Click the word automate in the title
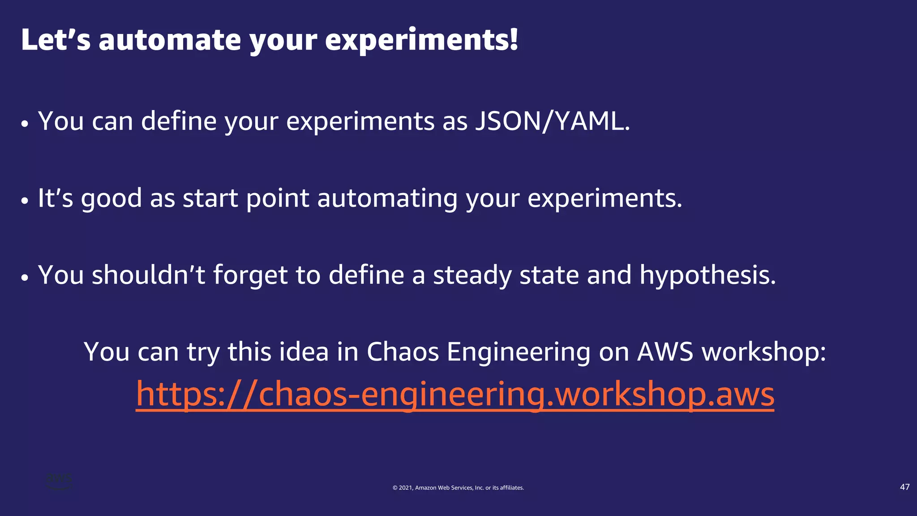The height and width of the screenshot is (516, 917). click(x=170, y=40)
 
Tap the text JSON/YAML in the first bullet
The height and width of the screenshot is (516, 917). click(x=552, y=121)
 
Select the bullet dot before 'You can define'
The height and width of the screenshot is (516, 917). click(x=25, y=124)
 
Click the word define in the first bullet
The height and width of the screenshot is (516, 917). click(x=179, y=121)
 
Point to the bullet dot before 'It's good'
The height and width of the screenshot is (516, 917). click(x=25, y=201)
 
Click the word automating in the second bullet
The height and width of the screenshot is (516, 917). click(x=387, y=198)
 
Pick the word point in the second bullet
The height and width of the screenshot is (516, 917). click(x=277, y=198)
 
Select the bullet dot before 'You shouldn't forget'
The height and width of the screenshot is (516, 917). click(x=25, y=278)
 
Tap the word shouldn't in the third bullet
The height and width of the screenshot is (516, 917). click(x=148, y=275)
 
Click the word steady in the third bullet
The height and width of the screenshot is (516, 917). click(x=472, y=275)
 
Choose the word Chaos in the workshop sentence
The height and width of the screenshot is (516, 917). click(x=403, y=352)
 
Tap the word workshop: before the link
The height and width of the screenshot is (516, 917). click(x=763, y=352)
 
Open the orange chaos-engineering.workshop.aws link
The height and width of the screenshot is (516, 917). click(x=455, y=394)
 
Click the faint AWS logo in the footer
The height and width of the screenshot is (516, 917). click(x=59, y=481)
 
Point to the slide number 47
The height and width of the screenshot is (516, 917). click(x=904, y=487)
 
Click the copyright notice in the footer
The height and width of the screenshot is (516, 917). click(x=458, y=488)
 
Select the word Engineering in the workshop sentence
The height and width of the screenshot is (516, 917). click(x=518, y=352)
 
